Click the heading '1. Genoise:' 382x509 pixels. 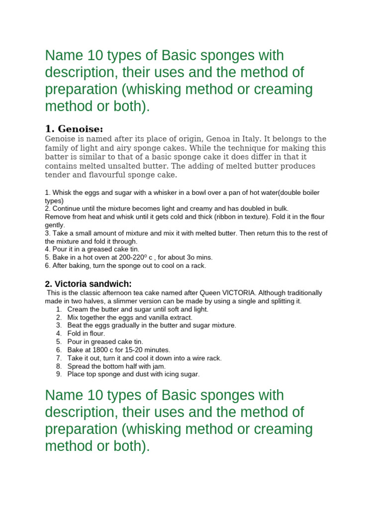(x=74, y=129)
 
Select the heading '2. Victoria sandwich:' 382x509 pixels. (x=88, y=284)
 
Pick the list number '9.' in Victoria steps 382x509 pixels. (x=59, y=374)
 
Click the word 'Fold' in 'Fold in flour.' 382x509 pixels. (x=75, y=334)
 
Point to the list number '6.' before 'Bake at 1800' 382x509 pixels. (x=59, y=350)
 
